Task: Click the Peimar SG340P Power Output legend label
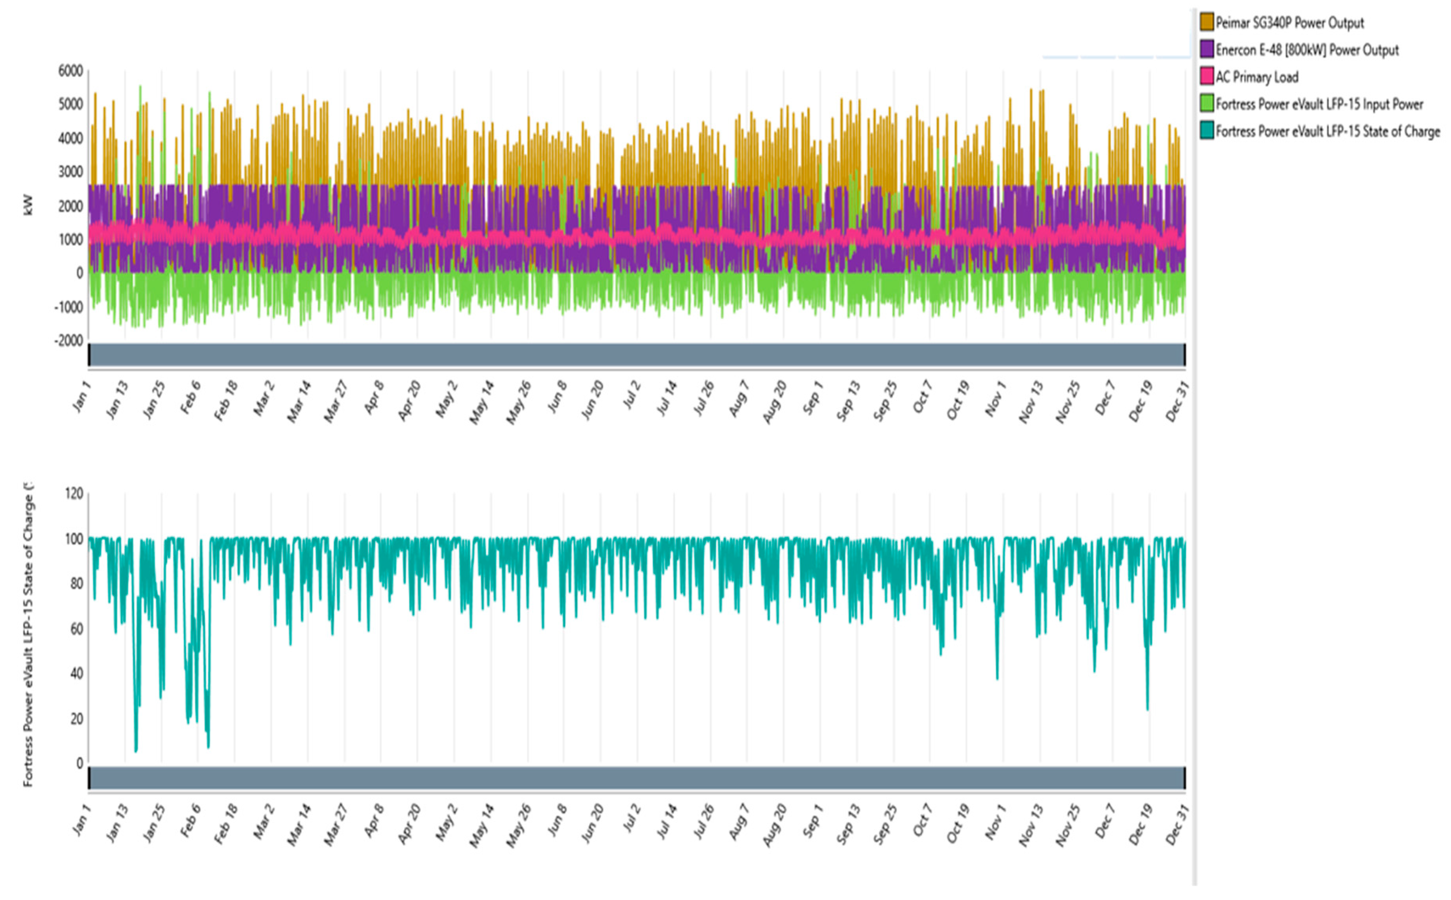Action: tap(1289, 23)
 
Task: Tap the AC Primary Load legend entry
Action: tap(1256, 77)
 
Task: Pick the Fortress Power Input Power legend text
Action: tap(1319, 104)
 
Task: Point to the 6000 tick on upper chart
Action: tap(70, 71)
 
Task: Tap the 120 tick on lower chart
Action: tap(74, 493)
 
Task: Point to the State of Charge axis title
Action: tap(28, 634)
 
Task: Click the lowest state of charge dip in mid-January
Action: tap(136, 751)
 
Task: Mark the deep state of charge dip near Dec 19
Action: tap(1147, 709)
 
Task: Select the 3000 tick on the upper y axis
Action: tap(70, 172)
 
